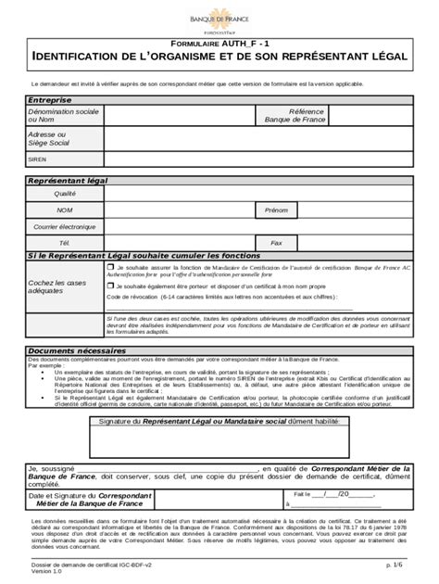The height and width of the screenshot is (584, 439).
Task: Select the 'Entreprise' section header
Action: tap(49, 99)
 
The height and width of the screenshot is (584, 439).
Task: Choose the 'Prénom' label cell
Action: tap(275, 209)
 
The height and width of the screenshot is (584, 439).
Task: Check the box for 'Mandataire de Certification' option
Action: tap(110, 265)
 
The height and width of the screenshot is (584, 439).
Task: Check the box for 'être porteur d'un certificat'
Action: tap(110, 286)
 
